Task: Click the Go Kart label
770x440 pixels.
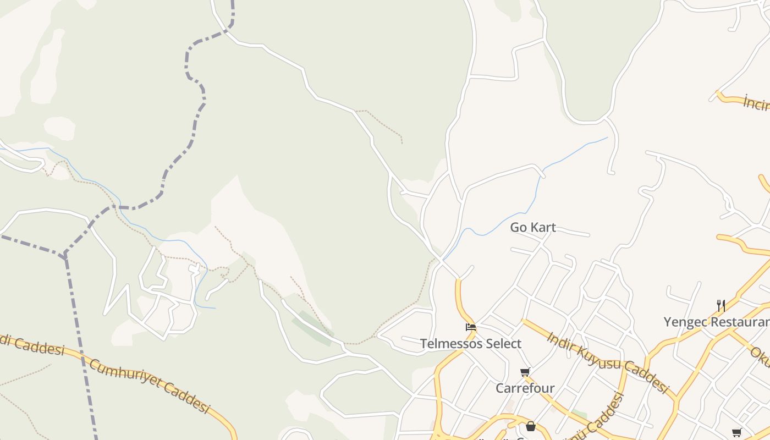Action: pyautogui.click(x=533, y=227)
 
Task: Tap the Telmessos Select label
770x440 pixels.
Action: pyautogui.click(x=471, y=344)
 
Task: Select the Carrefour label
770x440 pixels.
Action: pyautogui.click(x=525, y=388)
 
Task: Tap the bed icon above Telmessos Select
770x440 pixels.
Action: pyautogui.click(x=471, y=327)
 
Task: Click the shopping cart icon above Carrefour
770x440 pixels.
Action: pyautogui.click(x=525, y=372)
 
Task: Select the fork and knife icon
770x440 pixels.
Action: pyautogui.click(x=721, y=306)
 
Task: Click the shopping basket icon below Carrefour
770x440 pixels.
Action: pyautogui.click(x=530, y=426)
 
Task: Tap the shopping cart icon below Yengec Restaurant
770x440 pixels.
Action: pyautogui.click(x=737, y=432)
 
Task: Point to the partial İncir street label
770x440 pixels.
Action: pyautogui.click(x=756, y=103)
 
